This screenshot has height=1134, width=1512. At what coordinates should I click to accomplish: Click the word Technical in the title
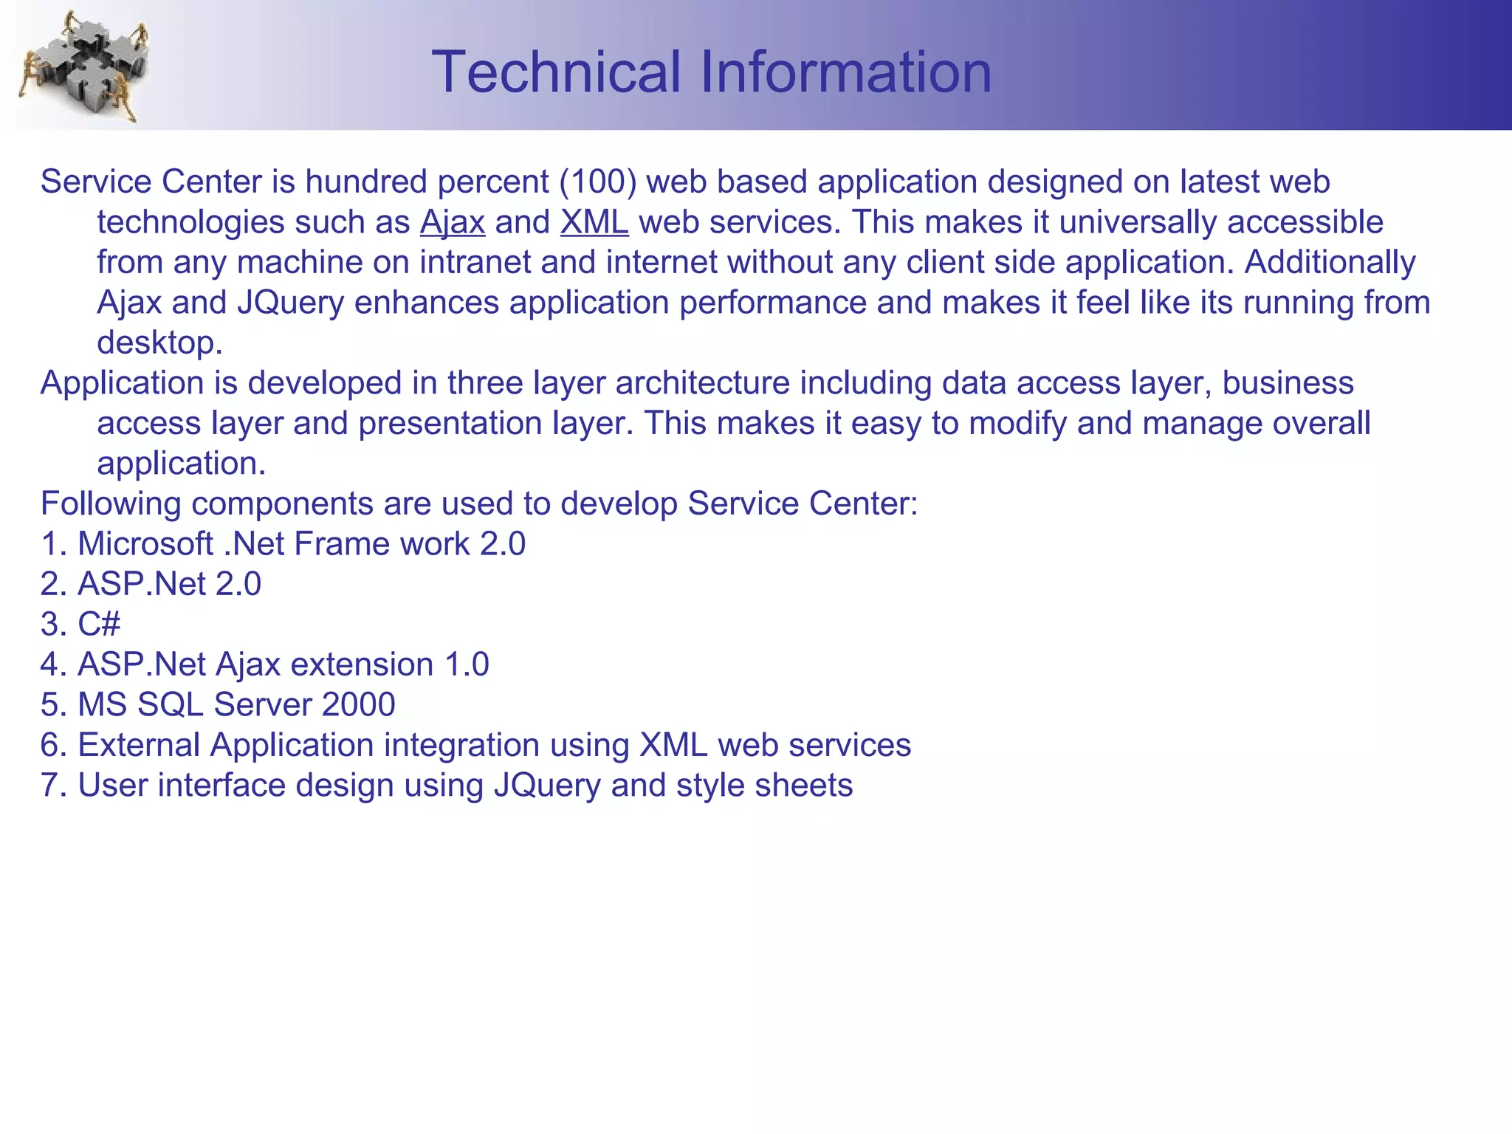[556, 72]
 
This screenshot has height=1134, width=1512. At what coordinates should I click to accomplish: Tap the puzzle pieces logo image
[83, 65]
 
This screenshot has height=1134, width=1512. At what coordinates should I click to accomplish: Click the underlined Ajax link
[453, 222]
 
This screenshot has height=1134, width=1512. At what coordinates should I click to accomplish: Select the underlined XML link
[594, 222]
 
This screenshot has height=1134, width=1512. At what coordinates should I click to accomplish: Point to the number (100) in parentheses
[598, 182]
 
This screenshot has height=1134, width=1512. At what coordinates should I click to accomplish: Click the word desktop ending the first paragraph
[158, 343]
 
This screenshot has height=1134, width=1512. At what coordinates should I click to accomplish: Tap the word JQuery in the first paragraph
[291, 303]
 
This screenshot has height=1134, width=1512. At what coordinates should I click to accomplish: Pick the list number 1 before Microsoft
[52, 544]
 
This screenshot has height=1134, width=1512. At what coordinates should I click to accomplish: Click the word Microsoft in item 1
[145, 544]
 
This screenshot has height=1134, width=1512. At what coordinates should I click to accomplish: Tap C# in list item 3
[99, 625]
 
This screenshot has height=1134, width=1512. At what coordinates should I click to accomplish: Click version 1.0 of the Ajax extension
[467, 664]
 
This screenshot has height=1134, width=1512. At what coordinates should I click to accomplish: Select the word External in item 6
[139, 745]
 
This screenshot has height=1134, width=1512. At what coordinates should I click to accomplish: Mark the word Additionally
[1330, 262]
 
